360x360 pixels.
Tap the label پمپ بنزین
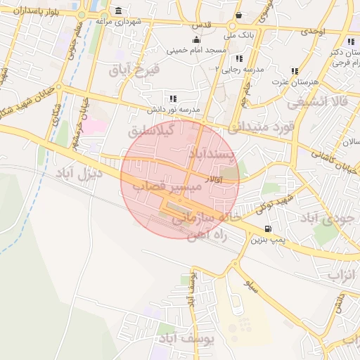click(x=268, y=240)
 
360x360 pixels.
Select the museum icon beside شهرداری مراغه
click(x=117, y=11)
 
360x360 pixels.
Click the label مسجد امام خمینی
click(x=196, y=51)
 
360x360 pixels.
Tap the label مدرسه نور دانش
click(x=174, y=110)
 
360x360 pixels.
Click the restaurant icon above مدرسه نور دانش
click(x=173, y=98)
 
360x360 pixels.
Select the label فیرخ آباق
click(x=135, y=70)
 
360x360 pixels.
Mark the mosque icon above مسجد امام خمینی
click(x=196, y=39)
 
